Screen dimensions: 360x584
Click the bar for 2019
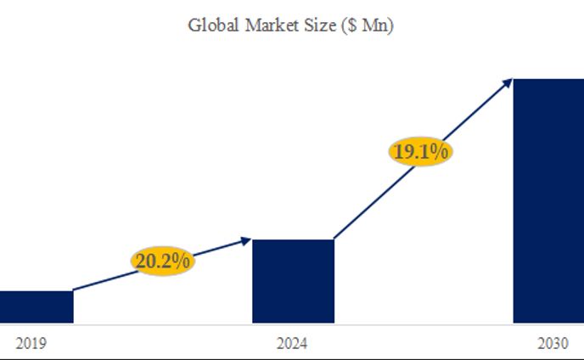coord(36,307)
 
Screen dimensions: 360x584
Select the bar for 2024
coord(293,281)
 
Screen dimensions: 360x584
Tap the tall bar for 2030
coord(548,201)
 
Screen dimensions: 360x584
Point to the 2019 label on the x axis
coord(31,344)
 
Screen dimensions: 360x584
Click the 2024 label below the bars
coord(292,344)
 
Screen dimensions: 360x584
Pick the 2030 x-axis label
coord(553,344)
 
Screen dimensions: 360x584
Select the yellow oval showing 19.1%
coord(421,152)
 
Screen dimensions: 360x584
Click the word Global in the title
coord(213,25)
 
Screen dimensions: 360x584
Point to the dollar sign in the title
coord(351,26)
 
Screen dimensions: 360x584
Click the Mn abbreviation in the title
coord(374,26)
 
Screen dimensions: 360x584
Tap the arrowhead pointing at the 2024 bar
coord(247,240)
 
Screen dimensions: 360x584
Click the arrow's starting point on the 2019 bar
coord(75,290)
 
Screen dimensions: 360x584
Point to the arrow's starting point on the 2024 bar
coord(334,239)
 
